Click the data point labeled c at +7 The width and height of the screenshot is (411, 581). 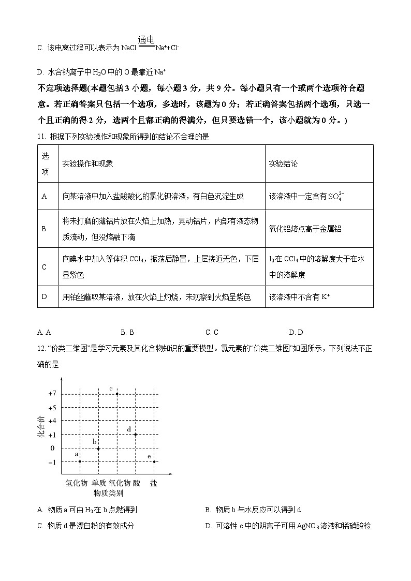(x=117, y=394)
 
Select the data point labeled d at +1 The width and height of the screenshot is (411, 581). (x=136, y=434)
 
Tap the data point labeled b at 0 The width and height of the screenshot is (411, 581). (x=98, y=448)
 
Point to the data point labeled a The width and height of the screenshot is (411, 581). (x=80, y=461)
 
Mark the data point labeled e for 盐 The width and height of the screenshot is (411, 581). (x=154, y=461)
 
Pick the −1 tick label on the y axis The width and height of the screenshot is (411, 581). (x=52, y=461)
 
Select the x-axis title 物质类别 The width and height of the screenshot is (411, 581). (x=108, y=493)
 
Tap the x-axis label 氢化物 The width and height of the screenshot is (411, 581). (x=76, y=483)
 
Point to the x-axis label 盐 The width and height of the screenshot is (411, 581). (x=154, y=483)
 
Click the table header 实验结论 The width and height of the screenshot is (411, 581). (x=283, y=163)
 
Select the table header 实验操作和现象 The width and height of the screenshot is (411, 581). (x=87, y=163)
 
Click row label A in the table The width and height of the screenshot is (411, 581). (x=44, y=196)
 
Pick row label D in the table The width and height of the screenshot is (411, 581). (x=44, y=297)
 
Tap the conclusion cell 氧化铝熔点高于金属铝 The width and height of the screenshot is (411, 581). (x=305, y=229)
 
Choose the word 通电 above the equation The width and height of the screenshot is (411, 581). (x=146, y=39)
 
